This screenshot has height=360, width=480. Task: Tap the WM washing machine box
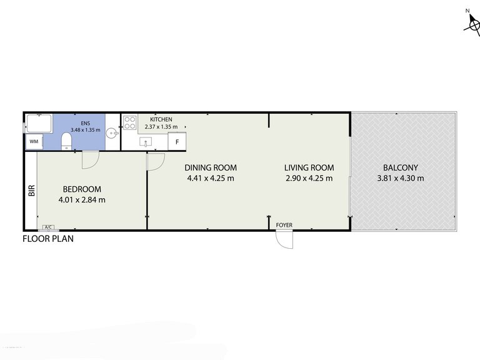(34, 141)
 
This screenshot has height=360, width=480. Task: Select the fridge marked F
(177, 142)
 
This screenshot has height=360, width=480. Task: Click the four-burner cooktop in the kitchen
(130, 122)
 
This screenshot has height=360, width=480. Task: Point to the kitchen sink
(146, 142)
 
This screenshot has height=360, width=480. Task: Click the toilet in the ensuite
(66, 141)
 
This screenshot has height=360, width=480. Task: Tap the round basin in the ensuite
(112, 133)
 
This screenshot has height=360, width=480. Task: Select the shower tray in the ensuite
(39, 123)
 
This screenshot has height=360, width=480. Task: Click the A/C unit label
(48, 227)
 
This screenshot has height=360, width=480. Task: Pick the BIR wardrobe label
(32, 191)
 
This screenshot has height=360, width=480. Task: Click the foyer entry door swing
(285, 239)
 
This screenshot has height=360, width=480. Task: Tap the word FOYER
(284, 225)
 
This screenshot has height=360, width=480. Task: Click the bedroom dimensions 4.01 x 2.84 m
(82, 200)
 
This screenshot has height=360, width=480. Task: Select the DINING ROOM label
(211, 167)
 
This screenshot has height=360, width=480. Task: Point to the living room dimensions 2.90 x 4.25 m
(309, 178)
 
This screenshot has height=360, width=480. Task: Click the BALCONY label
(401, 167)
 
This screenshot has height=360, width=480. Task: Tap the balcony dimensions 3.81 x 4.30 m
(401, 178)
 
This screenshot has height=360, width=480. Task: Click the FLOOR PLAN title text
(48, 239)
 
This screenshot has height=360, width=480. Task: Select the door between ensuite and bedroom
(91, 159)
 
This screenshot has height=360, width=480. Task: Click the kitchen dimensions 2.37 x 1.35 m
(161, 127)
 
